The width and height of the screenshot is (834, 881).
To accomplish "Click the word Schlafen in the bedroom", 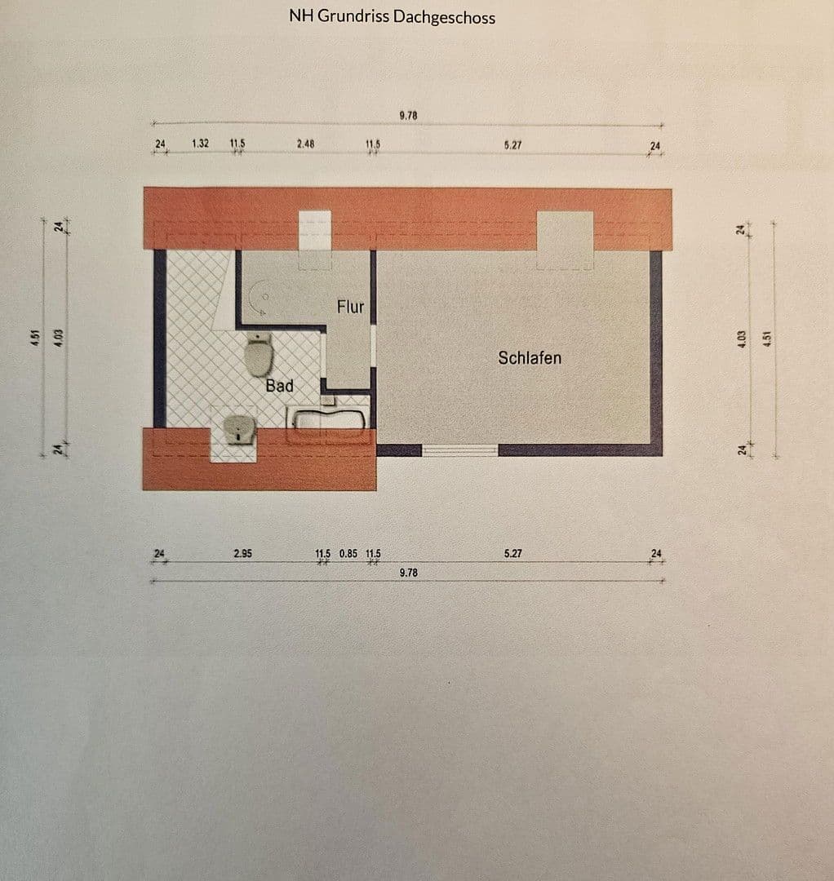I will point(530,357).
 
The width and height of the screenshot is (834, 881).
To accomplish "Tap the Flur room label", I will point(350,308).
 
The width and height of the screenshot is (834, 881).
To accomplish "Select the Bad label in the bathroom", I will point(279,385).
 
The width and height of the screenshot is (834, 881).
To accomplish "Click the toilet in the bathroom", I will point(259,356).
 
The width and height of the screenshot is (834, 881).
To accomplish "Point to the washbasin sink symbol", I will point(238,428).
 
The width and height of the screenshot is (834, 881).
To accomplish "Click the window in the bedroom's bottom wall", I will point(459,449).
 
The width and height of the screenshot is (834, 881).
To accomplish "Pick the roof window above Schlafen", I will point(565,239).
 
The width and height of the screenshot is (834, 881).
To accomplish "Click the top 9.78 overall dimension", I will point(408,116).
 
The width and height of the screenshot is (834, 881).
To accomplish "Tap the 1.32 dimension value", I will point(200,144).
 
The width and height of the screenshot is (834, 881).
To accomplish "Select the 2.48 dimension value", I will point(305,144).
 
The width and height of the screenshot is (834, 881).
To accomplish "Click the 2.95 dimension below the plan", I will point(242,553).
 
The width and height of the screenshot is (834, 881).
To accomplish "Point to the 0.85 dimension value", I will point(348,553).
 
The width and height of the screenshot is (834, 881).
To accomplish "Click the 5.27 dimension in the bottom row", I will point(512,553).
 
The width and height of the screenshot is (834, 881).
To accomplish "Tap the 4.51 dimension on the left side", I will point(35,336).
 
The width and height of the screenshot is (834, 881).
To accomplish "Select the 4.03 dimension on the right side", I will point(741,336).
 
